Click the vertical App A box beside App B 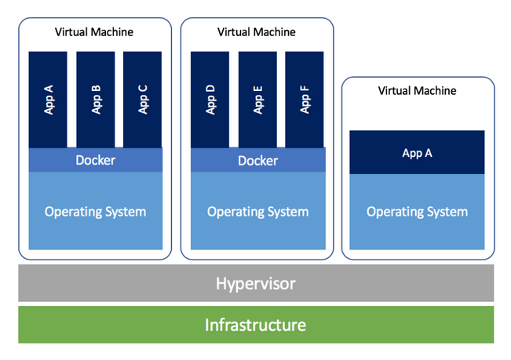point(48,100)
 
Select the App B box point(96,100)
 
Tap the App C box point(143,100)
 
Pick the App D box point(210,100)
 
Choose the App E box point(257,100)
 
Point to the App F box point(305,100)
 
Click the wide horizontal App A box point(417,153)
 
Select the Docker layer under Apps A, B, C point(95,160)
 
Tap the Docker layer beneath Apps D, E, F point(257,160)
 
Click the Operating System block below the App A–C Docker point(95,211)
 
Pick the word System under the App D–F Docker point(287,212)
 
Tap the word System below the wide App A point(447,212)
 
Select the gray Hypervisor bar point(256,283)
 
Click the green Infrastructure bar point(256,325)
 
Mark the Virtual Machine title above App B point(94,32)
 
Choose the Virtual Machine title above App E point(257,32)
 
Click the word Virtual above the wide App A point(395,91)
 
